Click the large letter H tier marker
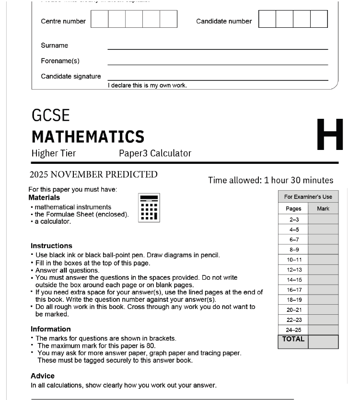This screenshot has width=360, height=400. coord(330,135)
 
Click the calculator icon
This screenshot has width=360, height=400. coord(149,208)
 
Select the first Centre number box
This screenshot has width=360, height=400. coord(99,19)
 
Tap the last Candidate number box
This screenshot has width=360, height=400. coord(319,19)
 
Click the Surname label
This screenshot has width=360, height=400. coord(55,46)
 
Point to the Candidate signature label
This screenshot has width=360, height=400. coord(71,76)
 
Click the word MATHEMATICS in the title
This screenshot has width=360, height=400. coord(88,137)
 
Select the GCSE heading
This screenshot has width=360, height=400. coord(51,115)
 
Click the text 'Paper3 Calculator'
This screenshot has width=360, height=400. coord(155,153)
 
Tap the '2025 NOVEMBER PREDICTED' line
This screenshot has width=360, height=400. coord(93,174)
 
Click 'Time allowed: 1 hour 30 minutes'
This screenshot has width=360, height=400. coord(270,180)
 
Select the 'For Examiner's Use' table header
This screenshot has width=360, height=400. coord(308,197)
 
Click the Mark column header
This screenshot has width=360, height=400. coord(323,208)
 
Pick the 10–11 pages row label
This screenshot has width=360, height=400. coord(294,260)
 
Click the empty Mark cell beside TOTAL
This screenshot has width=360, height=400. coord(323,342)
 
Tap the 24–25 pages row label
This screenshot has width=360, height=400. coord(294,330)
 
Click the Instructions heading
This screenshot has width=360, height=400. coord(51,246)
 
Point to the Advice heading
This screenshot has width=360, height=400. coord(43,376)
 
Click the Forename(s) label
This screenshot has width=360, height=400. coord(60,61)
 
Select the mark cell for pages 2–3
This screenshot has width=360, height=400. coord(323,219)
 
